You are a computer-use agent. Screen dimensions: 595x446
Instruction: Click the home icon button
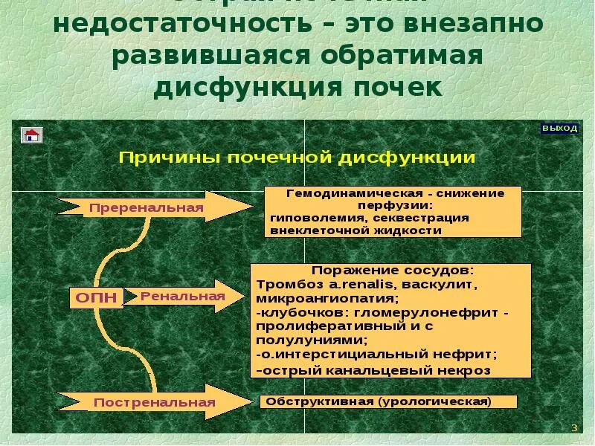(x=32, y=135)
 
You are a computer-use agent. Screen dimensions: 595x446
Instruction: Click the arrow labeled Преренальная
(x=146, y=207)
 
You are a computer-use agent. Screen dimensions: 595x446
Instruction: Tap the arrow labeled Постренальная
(x=154, y=402)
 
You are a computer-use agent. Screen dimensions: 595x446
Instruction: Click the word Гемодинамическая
(x=334, y=193)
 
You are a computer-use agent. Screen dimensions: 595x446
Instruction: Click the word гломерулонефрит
(x=423, y=313)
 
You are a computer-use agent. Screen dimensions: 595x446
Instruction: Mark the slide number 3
(x=573, y=427)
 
